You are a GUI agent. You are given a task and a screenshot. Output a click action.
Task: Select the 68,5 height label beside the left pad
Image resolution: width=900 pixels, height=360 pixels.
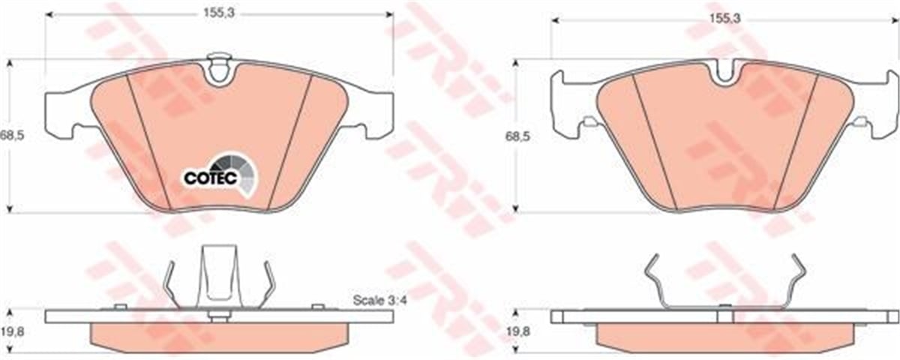[x=10, y=136]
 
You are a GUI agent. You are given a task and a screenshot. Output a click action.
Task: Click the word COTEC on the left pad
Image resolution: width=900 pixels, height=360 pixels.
[x=211, y=178]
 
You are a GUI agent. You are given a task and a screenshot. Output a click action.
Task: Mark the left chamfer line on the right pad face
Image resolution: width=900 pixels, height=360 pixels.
[x=653, y=142]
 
